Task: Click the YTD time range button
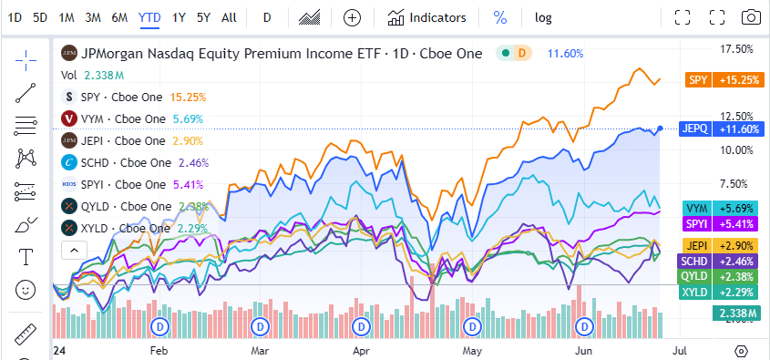[x=150, y=17]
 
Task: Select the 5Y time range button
[x=203, y=17]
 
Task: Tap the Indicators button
[x=426, y=17]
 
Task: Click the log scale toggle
[x=543, y=17]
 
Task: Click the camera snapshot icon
[x=751, y=17]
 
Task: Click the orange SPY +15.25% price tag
[x=723, y=80]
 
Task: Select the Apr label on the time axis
[x=362, y=349]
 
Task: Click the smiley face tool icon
[x=26, y=290]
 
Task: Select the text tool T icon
[x=26, y=257]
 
